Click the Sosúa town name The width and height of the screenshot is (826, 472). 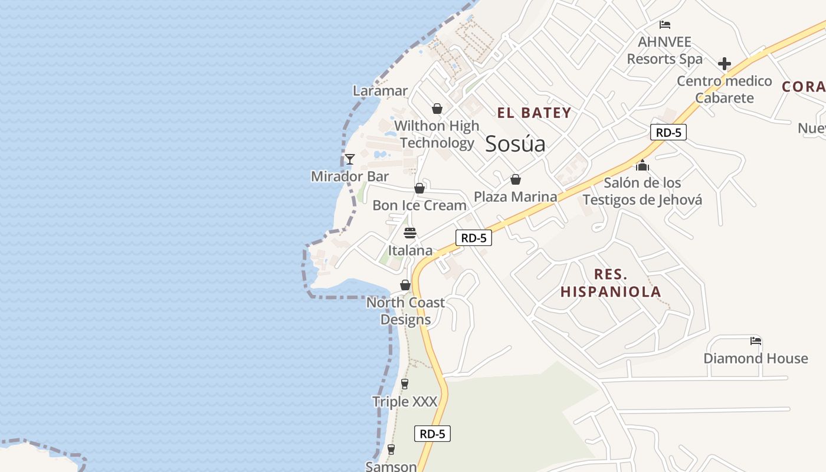coord(515,144)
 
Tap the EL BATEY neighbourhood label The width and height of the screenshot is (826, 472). coord(534,113)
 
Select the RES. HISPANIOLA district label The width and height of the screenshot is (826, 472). coord(611,283)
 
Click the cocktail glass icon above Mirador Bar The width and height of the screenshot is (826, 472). coord(350,159)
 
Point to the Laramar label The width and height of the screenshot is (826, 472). coord(380,91)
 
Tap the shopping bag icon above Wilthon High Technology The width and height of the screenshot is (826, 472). coord(437,109)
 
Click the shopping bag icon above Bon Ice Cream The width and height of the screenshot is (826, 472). coord(419,188)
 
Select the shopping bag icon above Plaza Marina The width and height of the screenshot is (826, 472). coord(516,179)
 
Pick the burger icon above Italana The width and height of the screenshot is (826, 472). coord(410,233)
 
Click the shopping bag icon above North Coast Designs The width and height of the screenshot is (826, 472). coord(405,286)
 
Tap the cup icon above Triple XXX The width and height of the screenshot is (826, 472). coord(404,384)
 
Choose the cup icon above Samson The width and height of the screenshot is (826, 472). coord(391,450)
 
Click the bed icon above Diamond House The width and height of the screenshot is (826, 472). coord(756,340)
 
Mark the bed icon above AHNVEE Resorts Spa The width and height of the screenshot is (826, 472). coord(665,25)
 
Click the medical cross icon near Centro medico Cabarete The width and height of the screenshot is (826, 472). coord(725,64)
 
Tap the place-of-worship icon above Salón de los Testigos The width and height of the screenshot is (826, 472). coord(643,166)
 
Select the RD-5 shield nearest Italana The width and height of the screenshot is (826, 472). coord(473,238)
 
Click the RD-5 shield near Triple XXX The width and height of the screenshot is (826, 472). coord(432,434)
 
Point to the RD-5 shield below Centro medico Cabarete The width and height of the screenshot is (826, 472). coord(668,132)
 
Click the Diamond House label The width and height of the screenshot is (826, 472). coord(755,358)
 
